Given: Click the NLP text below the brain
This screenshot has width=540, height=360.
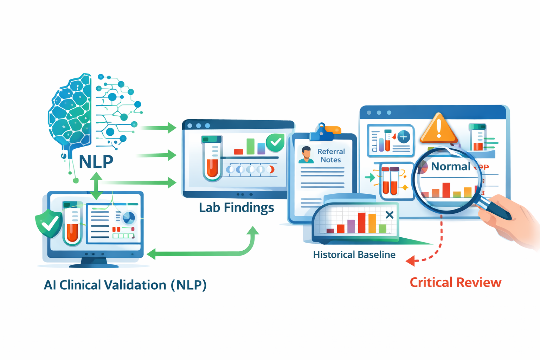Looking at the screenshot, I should point(96,162).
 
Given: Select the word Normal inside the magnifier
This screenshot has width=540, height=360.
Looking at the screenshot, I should point(450,166).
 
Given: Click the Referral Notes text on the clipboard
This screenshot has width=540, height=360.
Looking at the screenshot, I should point(331,155).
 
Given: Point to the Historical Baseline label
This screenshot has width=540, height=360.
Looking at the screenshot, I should point(354,255).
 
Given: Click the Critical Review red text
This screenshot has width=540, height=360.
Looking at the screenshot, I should point(455,282).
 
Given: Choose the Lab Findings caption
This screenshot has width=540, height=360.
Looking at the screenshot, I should point(236,207).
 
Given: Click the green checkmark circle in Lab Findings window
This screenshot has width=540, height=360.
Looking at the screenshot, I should point(275,142).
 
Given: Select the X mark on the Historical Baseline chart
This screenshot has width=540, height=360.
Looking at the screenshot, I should point(389,215).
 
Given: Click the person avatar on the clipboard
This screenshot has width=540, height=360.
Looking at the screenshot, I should point(306,155).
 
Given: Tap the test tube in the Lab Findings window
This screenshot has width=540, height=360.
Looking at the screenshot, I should point(212,158).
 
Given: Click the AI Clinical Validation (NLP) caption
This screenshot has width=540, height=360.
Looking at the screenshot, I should point(125,285).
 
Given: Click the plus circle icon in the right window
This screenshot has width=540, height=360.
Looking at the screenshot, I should point(404,136).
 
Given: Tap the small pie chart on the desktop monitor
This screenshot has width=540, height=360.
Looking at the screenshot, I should point(129,218).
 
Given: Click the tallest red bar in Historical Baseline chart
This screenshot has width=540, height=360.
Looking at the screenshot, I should point(361,223).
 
